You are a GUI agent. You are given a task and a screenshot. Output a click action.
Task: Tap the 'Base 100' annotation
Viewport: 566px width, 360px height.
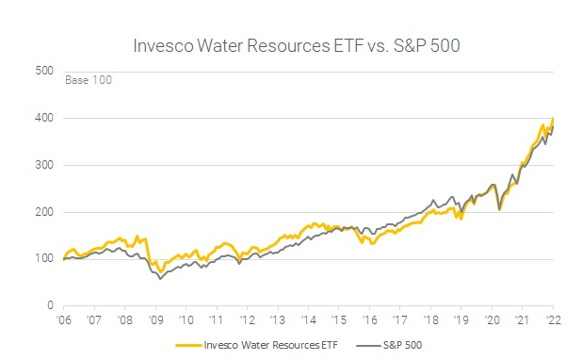88,80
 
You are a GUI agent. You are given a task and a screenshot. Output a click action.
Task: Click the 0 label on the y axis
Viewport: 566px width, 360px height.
49,306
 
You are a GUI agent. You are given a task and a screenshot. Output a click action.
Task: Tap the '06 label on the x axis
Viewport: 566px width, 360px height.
63,320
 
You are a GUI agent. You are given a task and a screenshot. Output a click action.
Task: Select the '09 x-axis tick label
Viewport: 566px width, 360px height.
155,320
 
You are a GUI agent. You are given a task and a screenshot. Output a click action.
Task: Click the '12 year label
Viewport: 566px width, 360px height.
247,320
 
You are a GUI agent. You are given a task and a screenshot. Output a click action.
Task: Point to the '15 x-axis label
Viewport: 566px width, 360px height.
338,320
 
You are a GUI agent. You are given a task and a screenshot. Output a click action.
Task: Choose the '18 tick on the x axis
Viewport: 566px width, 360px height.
430,320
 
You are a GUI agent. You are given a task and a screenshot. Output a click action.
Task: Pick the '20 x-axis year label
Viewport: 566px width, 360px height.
492,320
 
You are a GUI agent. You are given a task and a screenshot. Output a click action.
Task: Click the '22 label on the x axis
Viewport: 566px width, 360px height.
553,320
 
